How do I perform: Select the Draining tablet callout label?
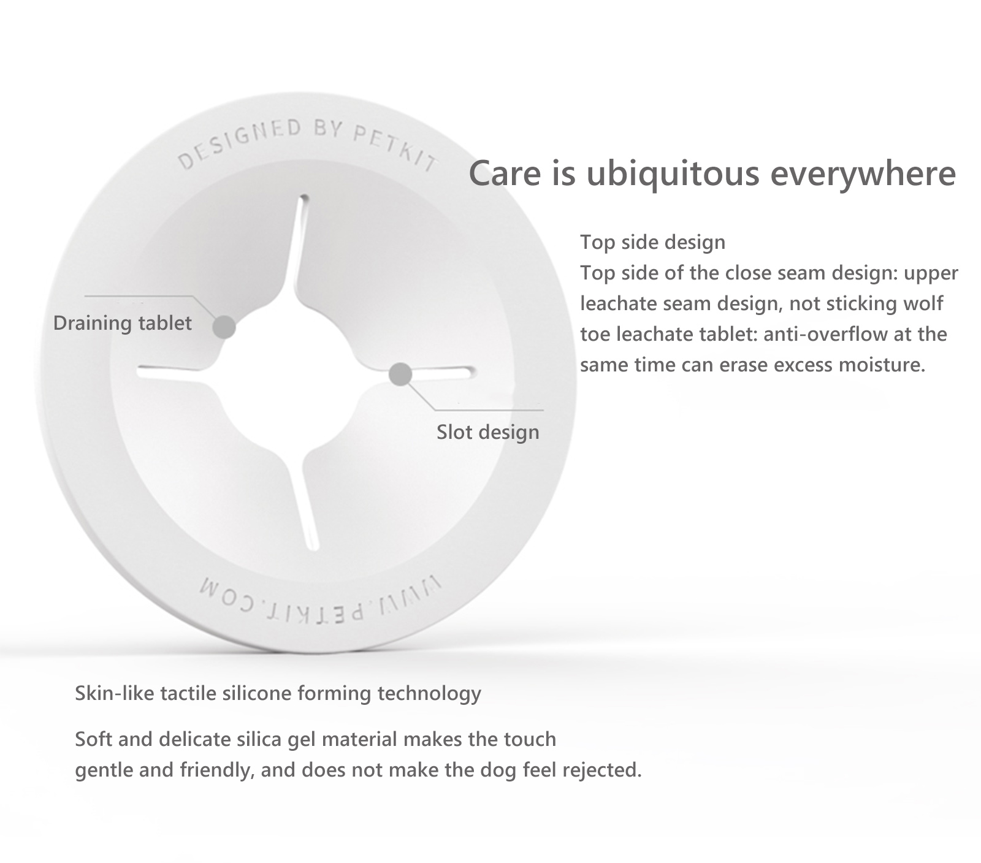pos(123,323)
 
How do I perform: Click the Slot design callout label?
pos(488,432)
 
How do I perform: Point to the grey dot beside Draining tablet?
pos(224,327)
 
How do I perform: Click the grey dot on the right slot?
pos(400,373)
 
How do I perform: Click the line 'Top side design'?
pos(653,242)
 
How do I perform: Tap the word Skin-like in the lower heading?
pos(115,693)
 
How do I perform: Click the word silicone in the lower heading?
pos(257,693)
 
